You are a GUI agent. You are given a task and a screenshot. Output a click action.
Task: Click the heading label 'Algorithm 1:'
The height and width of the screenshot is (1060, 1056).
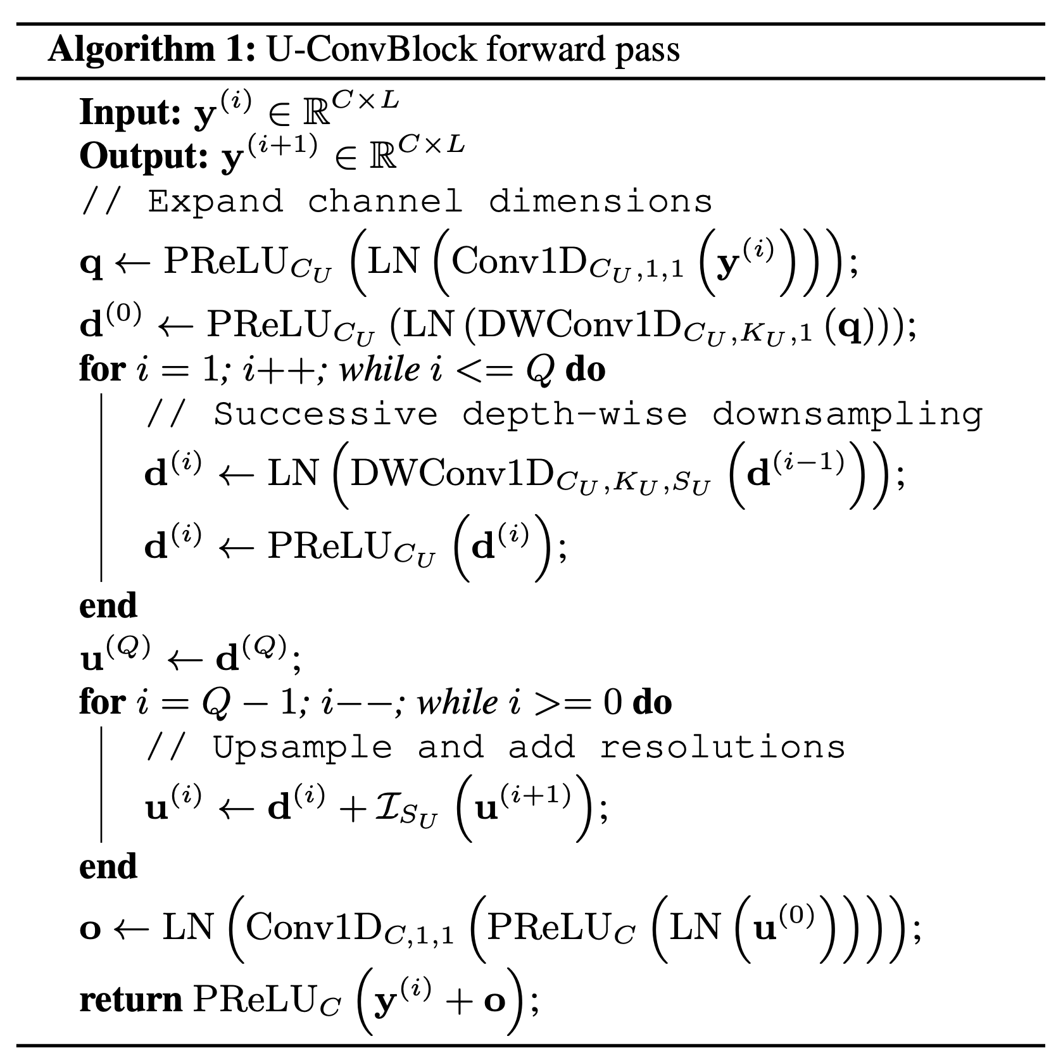pos(151,49)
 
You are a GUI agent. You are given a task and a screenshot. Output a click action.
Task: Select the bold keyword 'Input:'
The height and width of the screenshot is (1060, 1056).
pos(130,113)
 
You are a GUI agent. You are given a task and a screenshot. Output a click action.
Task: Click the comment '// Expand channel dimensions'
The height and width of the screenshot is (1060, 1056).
pos(397,201)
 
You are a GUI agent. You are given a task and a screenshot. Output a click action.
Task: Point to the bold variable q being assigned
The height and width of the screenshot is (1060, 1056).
pos(91,263)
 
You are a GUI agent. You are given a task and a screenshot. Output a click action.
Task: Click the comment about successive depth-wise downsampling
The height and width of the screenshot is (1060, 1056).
pos(563,414)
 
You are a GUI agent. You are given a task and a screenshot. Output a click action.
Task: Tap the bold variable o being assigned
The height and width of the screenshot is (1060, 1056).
pos(91,929)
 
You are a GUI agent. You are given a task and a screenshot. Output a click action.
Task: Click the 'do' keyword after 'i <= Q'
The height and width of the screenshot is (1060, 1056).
pos(586,369)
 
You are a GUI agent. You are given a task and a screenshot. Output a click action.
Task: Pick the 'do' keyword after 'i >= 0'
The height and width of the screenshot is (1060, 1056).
pos(652,702)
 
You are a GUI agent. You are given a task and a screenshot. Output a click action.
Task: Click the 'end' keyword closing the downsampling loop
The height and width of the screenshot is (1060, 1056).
pos(108,605)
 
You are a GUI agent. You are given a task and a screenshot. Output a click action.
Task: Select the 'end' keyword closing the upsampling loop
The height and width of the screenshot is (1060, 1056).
pos(108,866)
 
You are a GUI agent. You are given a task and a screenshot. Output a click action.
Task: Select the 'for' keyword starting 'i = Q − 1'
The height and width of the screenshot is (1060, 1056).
pos(101,702)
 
